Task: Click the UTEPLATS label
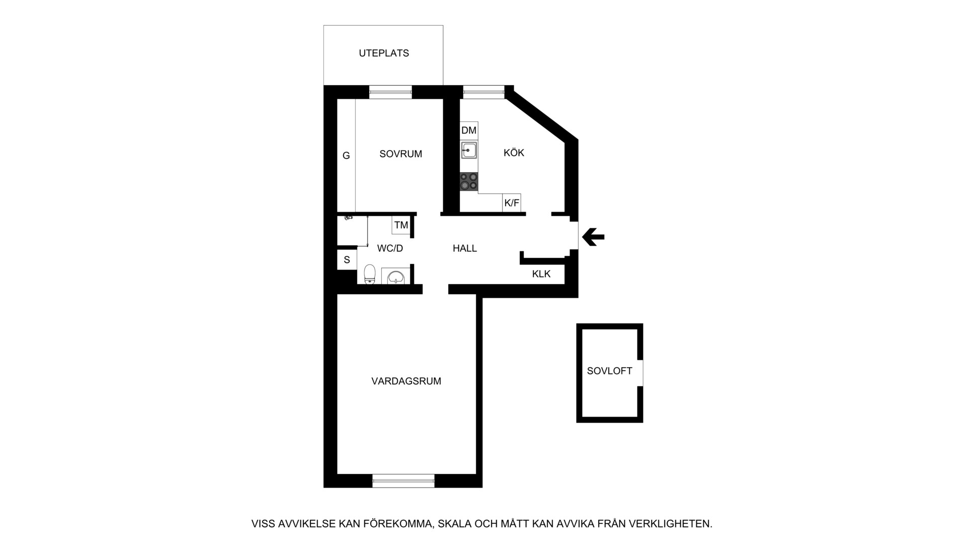pos(384,53)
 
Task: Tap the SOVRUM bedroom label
pos(400,154)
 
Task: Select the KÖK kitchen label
pos(514,153)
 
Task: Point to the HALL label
pos(464,248)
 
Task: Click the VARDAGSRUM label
pos(406,381)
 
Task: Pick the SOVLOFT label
pos(609,371)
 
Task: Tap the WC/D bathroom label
pos(390,248)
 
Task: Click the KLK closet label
pos(541,274)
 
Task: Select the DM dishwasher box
pos(469,130)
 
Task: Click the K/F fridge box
pos(512,203)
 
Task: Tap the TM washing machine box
pos(401,225)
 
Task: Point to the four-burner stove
pos(469,182)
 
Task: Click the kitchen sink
pos(469,150)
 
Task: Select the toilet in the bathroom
pos(370,274)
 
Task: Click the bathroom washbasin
pos(396,276)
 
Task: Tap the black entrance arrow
pos(593,236)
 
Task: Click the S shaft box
pos(347,260)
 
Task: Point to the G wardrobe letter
pos(346,156)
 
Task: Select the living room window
pos(404,481)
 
